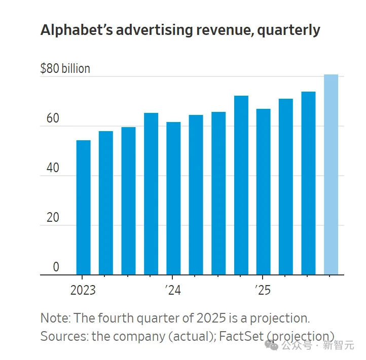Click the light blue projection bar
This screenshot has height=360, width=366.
click(x=331, y=175)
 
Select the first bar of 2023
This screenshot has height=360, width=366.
click(x=83, y=208)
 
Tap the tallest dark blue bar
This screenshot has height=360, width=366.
click(x=241, y=185)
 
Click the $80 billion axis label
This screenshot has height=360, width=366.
click(x=65, y=68)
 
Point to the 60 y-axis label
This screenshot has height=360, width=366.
click(x=53, y=119)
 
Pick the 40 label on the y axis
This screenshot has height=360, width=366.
click(x=53, y=169)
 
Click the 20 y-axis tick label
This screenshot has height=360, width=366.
click(x=53, y=218)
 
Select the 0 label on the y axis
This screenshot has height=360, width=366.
click(x=56, y=267)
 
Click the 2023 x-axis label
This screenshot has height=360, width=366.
click(x=83, y=291)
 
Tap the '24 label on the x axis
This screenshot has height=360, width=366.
click(x=173, y=291)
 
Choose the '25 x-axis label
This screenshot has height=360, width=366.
click(x=263, y=291)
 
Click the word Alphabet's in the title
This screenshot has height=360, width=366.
click(x=77, y=30)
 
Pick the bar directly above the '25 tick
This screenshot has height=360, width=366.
click(x=263, y=192)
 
